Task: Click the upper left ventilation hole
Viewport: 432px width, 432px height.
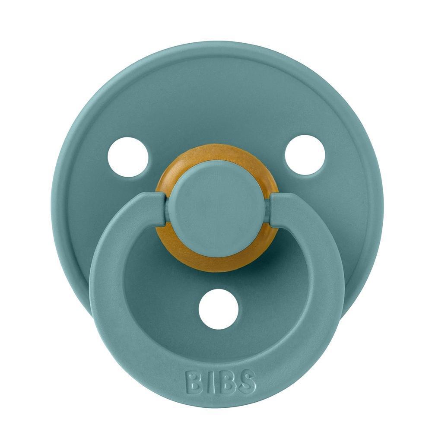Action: point(127,157)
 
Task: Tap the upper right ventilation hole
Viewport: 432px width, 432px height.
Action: point(305,155)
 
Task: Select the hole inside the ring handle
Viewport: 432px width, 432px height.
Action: point(219,308)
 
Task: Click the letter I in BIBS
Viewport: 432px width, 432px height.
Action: point(206,381)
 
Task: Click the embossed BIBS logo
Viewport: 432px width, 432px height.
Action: point(220,381)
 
